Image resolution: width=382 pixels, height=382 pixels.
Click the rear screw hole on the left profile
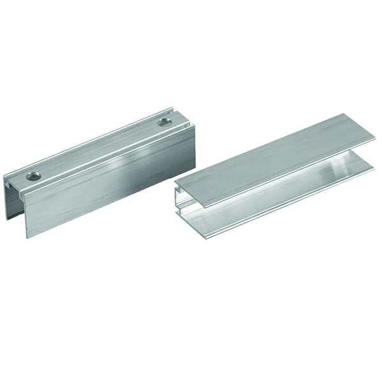pyautogui.click(x=164, y=120)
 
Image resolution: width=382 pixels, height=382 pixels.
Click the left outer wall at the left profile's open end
pyautogui.click(x=8, y=204)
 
